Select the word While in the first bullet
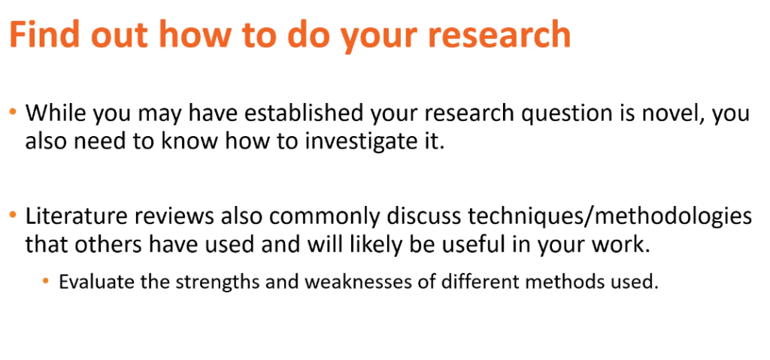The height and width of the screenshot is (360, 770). (x=56, y=113)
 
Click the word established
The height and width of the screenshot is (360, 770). (x=304, y=113)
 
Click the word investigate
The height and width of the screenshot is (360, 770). (x=350, y=143)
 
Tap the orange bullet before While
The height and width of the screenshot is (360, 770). (x=14, y=113)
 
